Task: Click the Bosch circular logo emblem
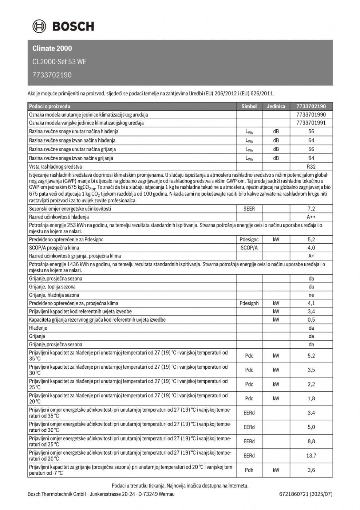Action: (40, 26)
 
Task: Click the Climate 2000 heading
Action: (52, 48)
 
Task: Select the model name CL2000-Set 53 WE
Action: (59, 62)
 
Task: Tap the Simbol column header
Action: (249, 106)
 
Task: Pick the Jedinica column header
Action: (276, 106)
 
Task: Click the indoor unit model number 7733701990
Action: (311, 115)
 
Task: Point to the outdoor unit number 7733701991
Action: (311, 123)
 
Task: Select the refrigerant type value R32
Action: (311, 166)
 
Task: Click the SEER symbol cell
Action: (249, 209)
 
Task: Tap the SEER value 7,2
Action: (311, 209)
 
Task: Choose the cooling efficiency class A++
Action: (311, 217)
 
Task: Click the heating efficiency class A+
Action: (311, 256)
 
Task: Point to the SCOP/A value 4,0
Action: (311, 248)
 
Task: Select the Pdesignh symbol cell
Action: (249, 303)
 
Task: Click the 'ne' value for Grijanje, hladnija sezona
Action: (311, 295)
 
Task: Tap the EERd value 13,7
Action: (311, 456)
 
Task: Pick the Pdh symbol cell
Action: (249, 470)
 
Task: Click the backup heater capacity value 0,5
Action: (311, 320)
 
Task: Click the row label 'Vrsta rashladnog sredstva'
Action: (55, 166)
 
